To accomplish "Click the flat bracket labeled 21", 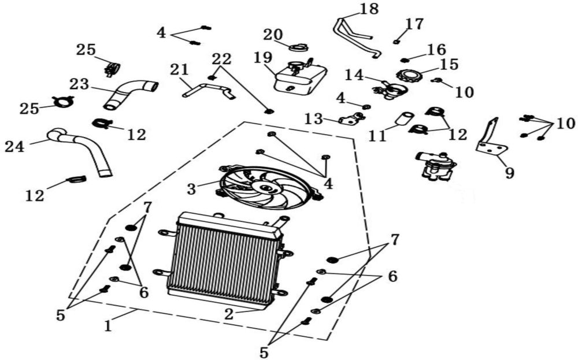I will click(x=209, y=90).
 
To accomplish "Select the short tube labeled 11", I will click(x=403, y=119).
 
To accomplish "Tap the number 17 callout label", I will click(x=414, y=24).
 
